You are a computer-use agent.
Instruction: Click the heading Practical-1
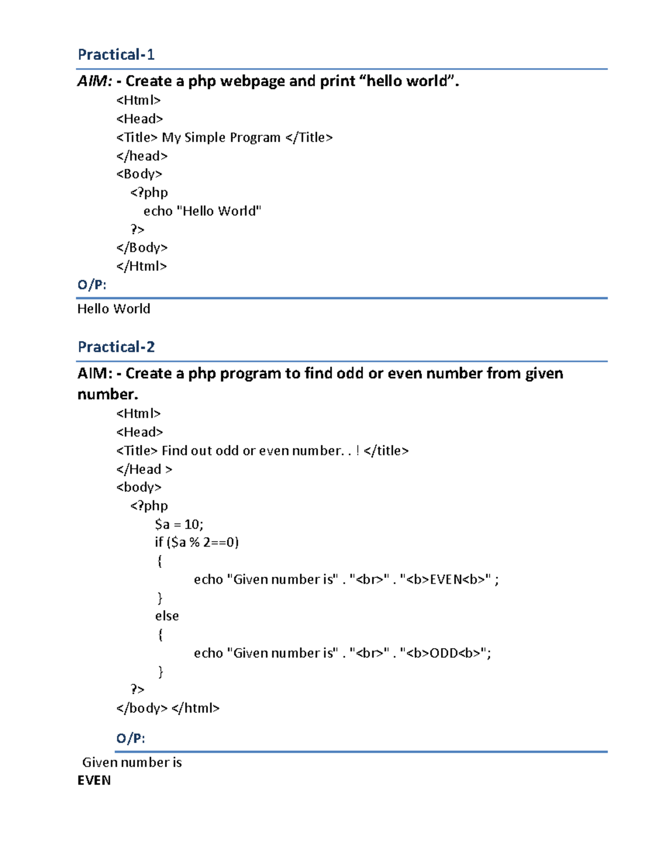(x=116, y=54)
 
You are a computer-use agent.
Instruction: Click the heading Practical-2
(x=116, y=347)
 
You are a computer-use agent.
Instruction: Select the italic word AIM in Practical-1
(x=93, y=81)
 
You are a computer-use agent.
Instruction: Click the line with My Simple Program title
(x=224, y=137)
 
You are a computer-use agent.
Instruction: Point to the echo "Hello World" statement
(x=202, y=211)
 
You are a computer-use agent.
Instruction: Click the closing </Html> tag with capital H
(x=141, y=266)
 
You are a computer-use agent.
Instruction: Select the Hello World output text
(x=114, y=309)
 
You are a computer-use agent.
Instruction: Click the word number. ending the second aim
(x=108, y=394)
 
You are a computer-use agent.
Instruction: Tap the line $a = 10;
(x=179, y=524)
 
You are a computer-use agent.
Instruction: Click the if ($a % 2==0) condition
(x=197, y=543)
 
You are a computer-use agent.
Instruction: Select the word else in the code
(x=167, y=616)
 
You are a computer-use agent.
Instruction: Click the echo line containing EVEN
(x=346, y=579)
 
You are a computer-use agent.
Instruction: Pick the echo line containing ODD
(x=342, y=653)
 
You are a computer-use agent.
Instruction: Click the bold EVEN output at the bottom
(x=94, y=780)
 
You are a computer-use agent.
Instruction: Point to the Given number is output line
(x=132, y=762)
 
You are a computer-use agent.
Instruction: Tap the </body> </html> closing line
(x=167, y=708)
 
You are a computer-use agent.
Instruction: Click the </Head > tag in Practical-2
(x=144, y=469)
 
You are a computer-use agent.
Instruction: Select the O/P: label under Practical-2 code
(x=131, y=738)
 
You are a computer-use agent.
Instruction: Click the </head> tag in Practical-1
(x=142, y=156)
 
